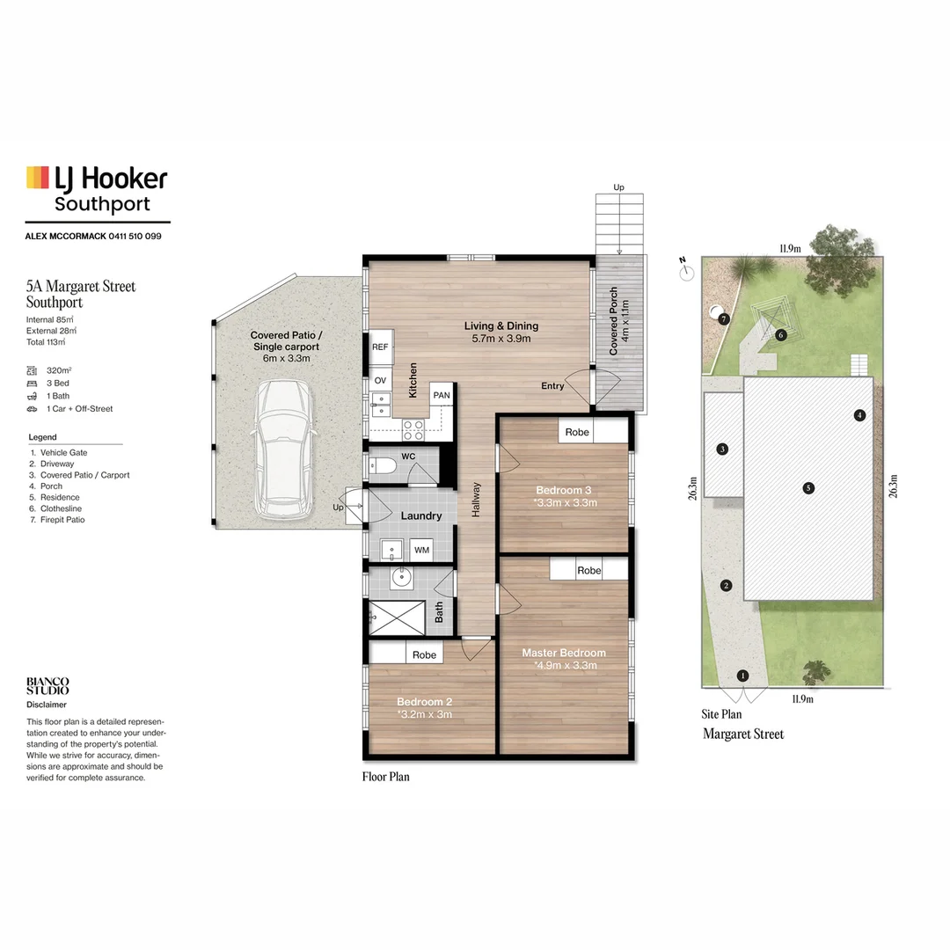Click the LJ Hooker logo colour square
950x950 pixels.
[37, 177]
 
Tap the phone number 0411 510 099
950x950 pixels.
[133, 237]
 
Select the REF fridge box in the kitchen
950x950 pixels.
[380, 347]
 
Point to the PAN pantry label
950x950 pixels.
[441, 396]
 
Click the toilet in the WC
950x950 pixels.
[383, 466]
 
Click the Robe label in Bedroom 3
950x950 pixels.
[577, 432]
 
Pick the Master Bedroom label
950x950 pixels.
[564, 653]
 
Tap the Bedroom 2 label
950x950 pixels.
[424, 701]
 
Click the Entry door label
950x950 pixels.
[553, 386]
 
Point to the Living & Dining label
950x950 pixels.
[501, 326]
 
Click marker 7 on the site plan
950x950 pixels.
[724, 318]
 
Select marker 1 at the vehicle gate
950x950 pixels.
[743, 676]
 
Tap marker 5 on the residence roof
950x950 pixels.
[808, 488]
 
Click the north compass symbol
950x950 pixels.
[685, 273]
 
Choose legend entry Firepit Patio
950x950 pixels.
[62, 520]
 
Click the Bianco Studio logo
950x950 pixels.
[47, 686]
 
